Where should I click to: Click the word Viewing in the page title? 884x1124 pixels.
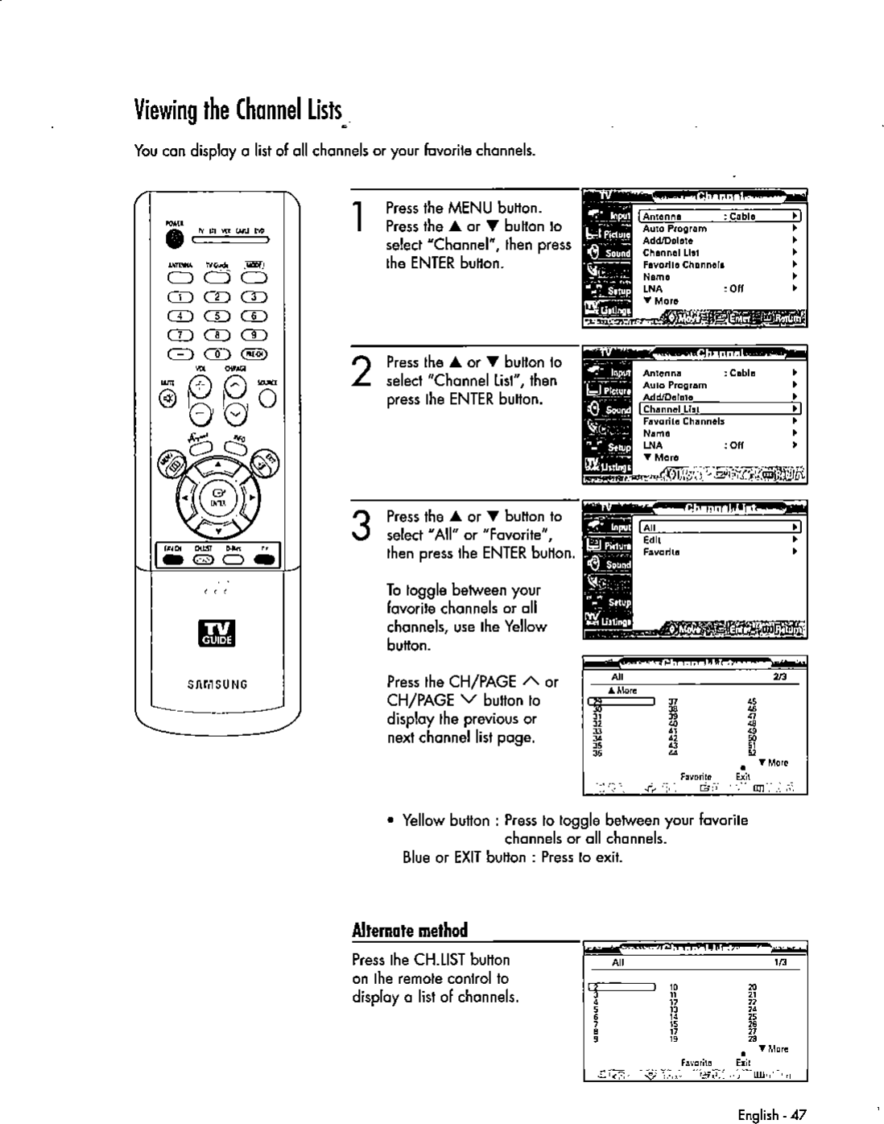point(162,107)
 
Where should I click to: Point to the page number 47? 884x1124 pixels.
point(797,1115)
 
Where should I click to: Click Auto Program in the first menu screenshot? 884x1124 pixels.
point(675,229)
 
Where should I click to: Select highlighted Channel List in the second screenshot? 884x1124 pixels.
point(671,409)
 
